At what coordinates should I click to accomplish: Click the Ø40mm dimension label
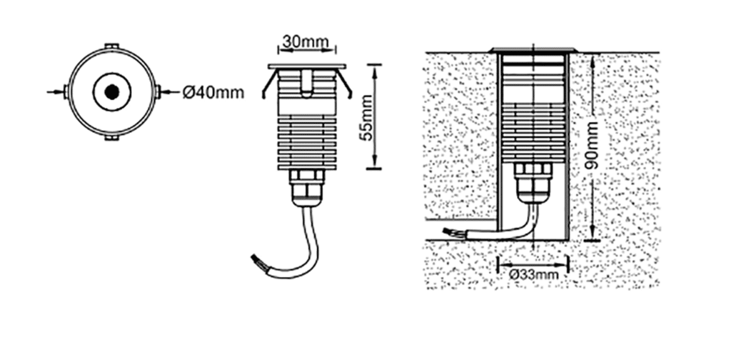pyautogui.click(x=213, y=93)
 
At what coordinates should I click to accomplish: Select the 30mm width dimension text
pyautogui.click(x=306, y=41)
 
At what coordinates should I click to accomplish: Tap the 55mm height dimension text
pyautogui.click(x=368, y=118)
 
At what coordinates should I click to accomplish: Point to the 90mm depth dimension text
pyautogui.click(x=592, y=144)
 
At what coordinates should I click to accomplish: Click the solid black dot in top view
pyautogui.click(x=111, y=92)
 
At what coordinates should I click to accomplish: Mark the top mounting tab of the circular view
pyautogui.click(x=112, y=46)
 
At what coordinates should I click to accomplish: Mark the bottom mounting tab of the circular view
pyautogui.click(x=112, y=138)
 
